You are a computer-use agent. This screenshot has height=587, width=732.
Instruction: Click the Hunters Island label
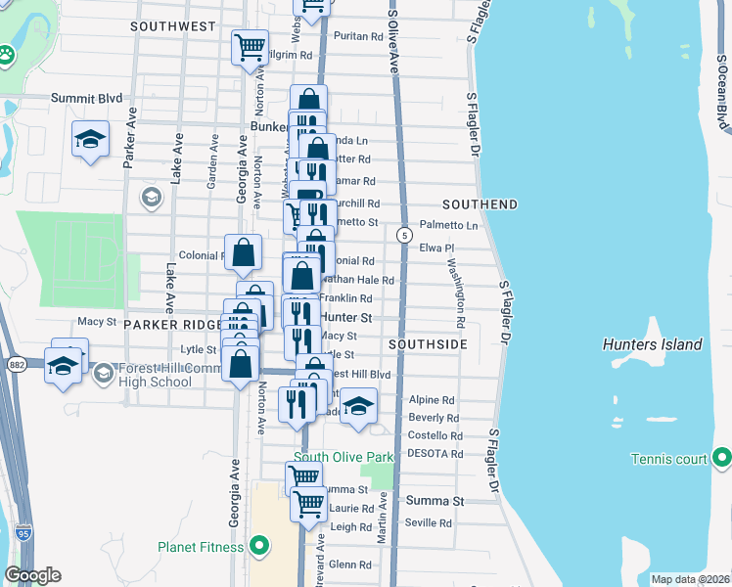(x=653, y=344)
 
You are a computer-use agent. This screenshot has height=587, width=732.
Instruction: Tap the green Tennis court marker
(x=721, y=458)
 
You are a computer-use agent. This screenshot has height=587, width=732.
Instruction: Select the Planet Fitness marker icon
(x=259, y=547)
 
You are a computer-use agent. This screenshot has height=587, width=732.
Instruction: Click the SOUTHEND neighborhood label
(x=480, y=204)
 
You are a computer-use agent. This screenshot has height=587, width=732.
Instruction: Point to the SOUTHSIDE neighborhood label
(x=427, y=344)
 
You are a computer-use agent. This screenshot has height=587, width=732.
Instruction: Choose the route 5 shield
(x=403, y=236)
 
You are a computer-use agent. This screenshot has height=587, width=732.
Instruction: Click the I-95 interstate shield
(x=22, y=534)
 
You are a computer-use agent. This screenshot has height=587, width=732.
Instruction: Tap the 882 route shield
(x=17, y=364)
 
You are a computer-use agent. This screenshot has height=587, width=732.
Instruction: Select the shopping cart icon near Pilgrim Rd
(x=250, y=45)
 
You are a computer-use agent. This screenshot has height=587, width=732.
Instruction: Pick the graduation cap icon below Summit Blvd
(x=90, y=139)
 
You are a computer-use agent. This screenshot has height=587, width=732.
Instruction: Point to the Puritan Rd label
(x=357, y=36)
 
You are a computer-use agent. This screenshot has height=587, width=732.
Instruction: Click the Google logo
(x=31, y=575)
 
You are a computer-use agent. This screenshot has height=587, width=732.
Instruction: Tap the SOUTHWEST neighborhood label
(x=171, y=26)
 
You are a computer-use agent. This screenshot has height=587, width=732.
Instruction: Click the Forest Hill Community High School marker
(x=104, y=373)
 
